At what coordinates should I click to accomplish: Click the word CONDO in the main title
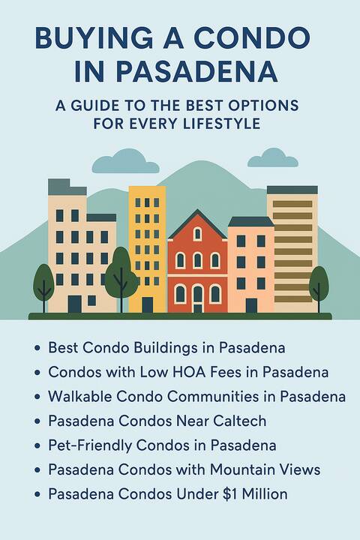point(251,38)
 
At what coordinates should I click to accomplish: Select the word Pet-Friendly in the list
point(89,445)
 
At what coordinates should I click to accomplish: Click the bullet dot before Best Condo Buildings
point(37,348)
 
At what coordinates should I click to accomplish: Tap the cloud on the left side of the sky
point(126,160)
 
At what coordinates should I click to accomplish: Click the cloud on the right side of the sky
point(273,157)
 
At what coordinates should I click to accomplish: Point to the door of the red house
point(197,299)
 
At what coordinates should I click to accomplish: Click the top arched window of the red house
point(197,234)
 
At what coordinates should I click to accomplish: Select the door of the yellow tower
point(148,304)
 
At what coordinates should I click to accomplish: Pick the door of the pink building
point(251,305)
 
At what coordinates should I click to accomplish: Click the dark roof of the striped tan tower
point(292,190)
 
